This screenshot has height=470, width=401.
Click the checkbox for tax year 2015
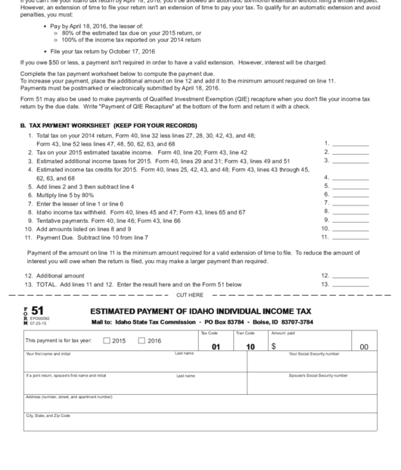coord(106,340)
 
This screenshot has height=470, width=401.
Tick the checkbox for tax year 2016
coord(141,340)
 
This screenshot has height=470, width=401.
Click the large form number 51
coord(37,311)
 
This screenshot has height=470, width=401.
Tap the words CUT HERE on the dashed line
coord(189,294)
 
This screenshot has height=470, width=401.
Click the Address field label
coord(68,396)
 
